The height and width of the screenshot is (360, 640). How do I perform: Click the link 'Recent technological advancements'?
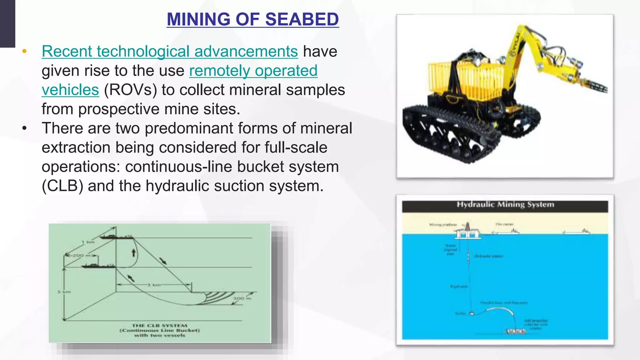tap(170, 52)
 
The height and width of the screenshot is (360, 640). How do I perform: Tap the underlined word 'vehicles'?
tap(70, 90)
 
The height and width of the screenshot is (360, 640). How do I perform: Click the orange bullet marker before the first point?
tap(24, 51)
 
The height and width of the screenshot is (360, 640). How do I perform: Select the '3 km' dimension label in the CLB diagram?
tap(153, 285)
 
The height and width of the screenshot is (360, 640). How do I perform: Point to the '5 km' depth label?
tap(64, 292)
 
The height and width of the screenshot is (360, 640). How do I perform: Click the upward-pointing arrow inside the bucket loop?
tap(134, 252)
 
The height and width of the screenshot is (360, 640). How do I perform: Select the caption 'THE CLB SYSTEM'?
tap(159, 326)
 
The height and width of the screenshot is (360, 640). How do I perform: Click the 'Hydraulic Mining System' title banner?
tap(505, 205)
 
